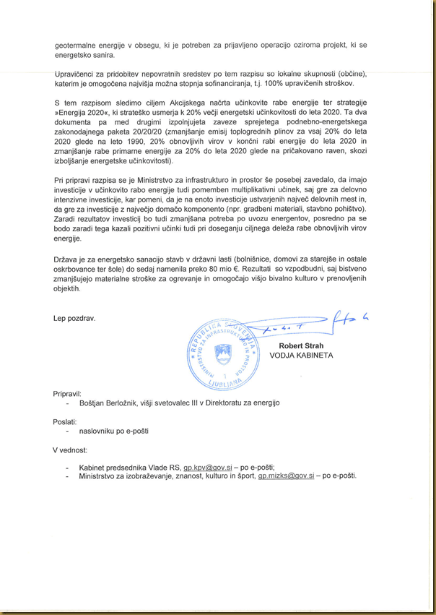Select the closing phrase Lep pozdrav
point(74,318)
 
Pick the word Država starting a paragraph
point(68,258)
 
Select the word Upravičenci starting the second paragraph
point(78,74)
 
